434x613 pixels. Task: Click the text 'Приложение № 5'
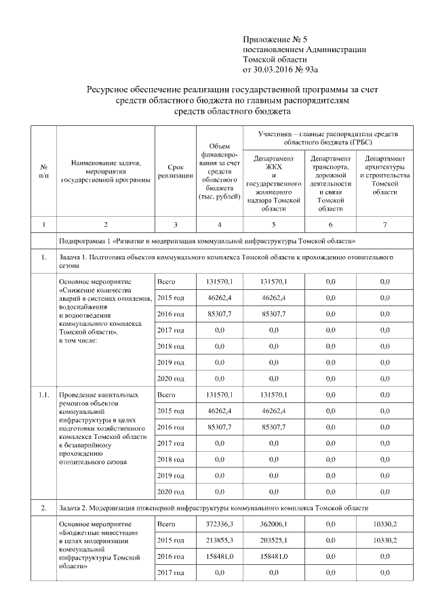click(271, 40)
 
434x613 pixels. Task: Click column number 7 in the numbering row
click(384, 224)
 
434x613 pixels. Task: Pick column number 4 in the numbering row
click(219, 224)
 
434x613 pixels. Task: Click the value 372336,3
click(219, 524)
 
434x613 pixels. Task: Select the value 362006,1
click(274, 524)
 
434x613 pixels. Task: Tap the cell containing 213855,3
click(219, 540)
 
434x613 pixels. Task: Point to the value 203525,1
click(274, 540)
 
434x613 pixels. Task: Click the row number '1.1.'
click(44, 394)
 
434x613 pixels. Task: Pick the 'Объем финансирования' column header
click(219, 171)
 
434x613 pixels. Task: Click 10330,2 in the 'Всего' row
click(384, 524)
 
